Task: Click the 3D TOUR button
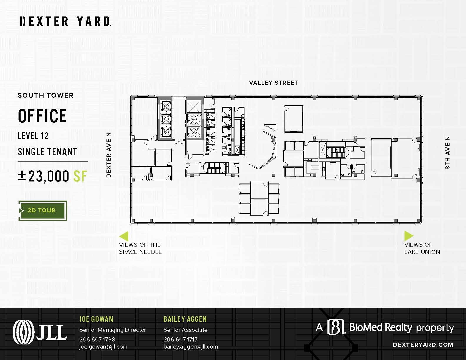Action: (43, 211)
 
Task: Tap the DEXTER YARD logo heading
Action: (65, 21)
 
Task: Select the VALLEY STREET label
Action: (273, 83)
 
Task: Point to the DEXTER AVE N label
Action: (109, 155)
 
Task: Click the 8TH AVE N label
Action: (447, 153)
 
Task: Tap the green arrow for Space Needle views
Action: (124, 236)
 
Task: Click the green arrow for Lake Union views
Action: (408, 236)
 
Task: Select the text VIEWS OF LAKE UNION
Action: (422, 248)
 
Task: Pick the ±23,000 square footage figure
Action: (53, 176)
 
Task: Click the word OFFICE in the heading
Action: (42, 116)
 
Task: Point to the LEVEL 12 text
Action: (33, 136)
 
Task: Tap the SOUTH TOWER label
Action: (45, 95)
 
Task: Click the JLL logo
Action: (40, 332)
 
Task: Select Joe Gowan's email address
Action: (103, 346)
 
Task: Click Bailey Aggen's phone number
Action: (180, 339)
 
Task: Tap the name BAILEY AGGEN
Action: (185, 319)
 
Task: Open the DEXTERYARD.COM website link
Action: (423, 345)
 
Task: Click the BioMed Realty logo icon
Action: (336, 327)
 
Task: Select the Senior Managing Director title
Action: (113, 330)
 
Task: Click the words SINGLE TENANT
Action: (47, 152)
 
